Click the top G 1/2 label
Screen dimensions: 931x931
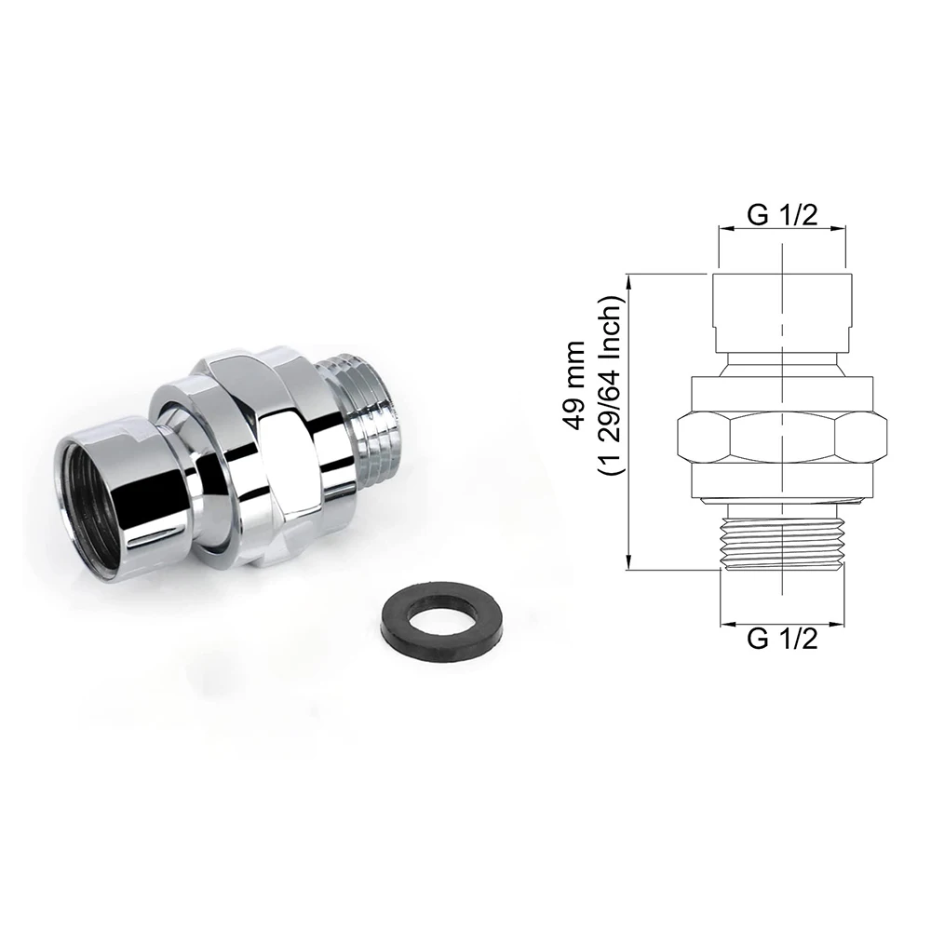782,215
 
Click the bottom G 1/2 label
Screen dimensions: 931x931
782,640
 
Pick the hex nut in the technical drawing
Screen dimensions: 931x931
782,433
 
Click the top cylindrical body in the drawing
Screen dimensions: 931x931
782,307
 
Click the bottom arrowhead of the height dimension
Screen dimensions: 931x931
630,562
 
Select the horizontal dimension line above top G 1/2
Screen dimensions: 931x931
782,227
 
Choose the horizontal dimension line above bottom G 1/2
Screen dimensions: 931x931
782,622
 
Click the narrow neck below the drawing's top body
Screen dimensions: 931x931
782,358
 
